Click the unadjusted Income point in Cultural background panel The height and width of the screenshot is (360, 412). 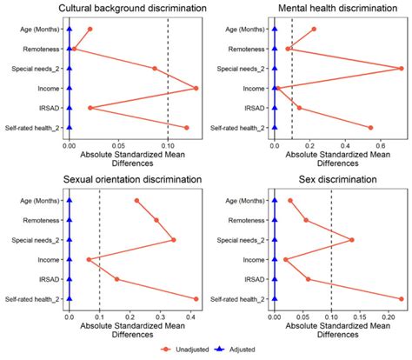pyautogui.click(x=196, y=88)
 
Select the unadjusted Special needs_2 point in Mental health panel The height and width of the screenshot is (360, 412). pyautogui.click(x=401, y=68)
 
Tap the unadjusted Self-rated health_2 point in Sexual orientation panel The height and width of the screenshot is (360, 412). pyautogui.click(x=196, y=299)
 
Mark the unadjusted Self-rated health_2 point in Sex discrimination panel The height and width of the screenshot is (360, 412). pyautogui.click(x=401, y=299)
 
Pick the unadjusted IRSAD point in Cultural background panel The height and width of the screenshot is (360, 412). pyautogui.click(x=90, y=108)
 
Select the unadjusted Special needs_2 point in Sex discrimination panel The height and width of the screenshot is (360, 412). pyautogui.click(x=351, y=240)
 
